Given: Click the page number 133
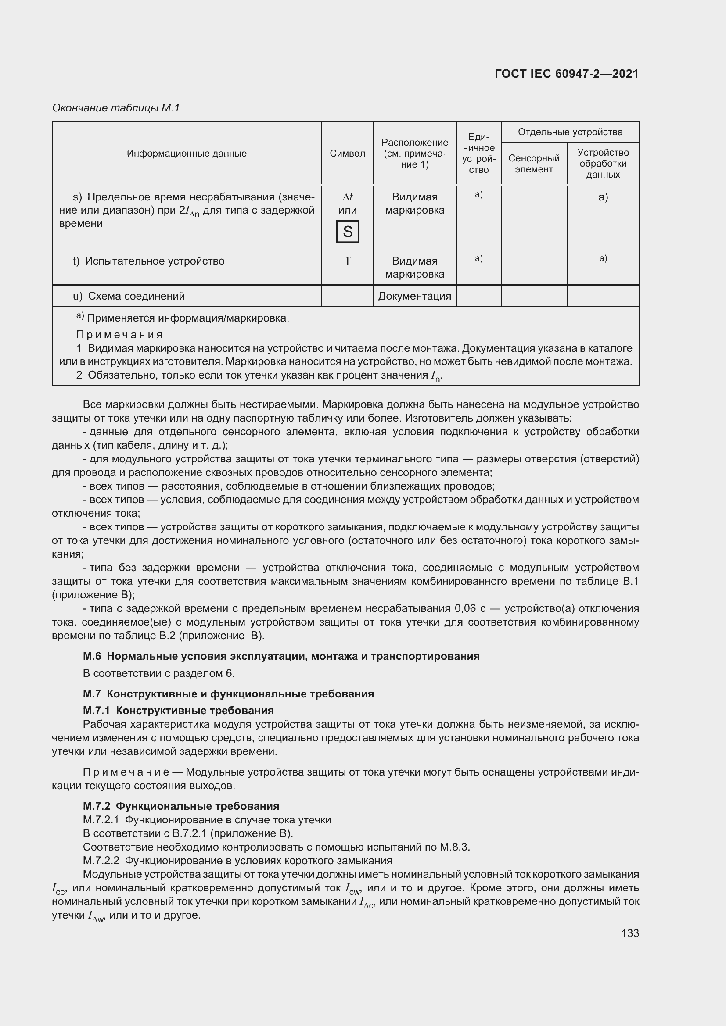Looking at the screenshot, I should [x=630, y=933].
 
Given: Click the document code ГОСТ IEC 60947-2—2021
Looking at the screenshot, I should [x=566, y=74].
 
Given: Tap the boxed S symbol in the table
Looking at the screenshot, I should [x=347, y=232].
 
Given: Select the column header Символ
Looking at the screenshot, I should [x=347, y=153].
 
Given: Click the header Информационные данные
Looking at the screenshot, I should [x=187, y=153].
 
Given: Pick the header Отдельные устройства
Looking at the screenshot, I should [x=570, y=132].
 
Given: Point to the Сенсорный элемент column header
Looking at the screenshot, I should [x=534, y=164].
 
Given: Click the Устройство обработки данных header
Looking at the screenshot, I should [x=603, y=164].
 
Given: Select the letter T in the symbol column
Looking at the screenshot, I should [x=347, y=261].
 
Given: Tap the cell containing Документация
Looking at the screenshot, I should [x=414, y=296].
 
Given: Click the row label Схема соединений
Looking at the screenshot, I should [x=136, y=296].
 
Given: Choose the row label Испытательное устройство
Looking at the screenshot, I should [x=154, y=261].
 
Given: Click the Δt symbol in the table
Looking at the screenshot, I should [x=347, y=197].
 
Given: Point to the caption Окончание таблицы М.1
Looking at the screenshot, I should [x=116, y=108].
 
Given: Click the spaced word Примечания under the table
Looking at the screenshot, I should [x=119, y=335].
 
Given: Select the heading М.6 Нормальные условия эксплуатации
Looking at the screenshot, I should [x=281, y=656].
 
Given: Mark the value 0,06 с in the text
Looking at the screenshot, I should [x=470, y=608].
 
